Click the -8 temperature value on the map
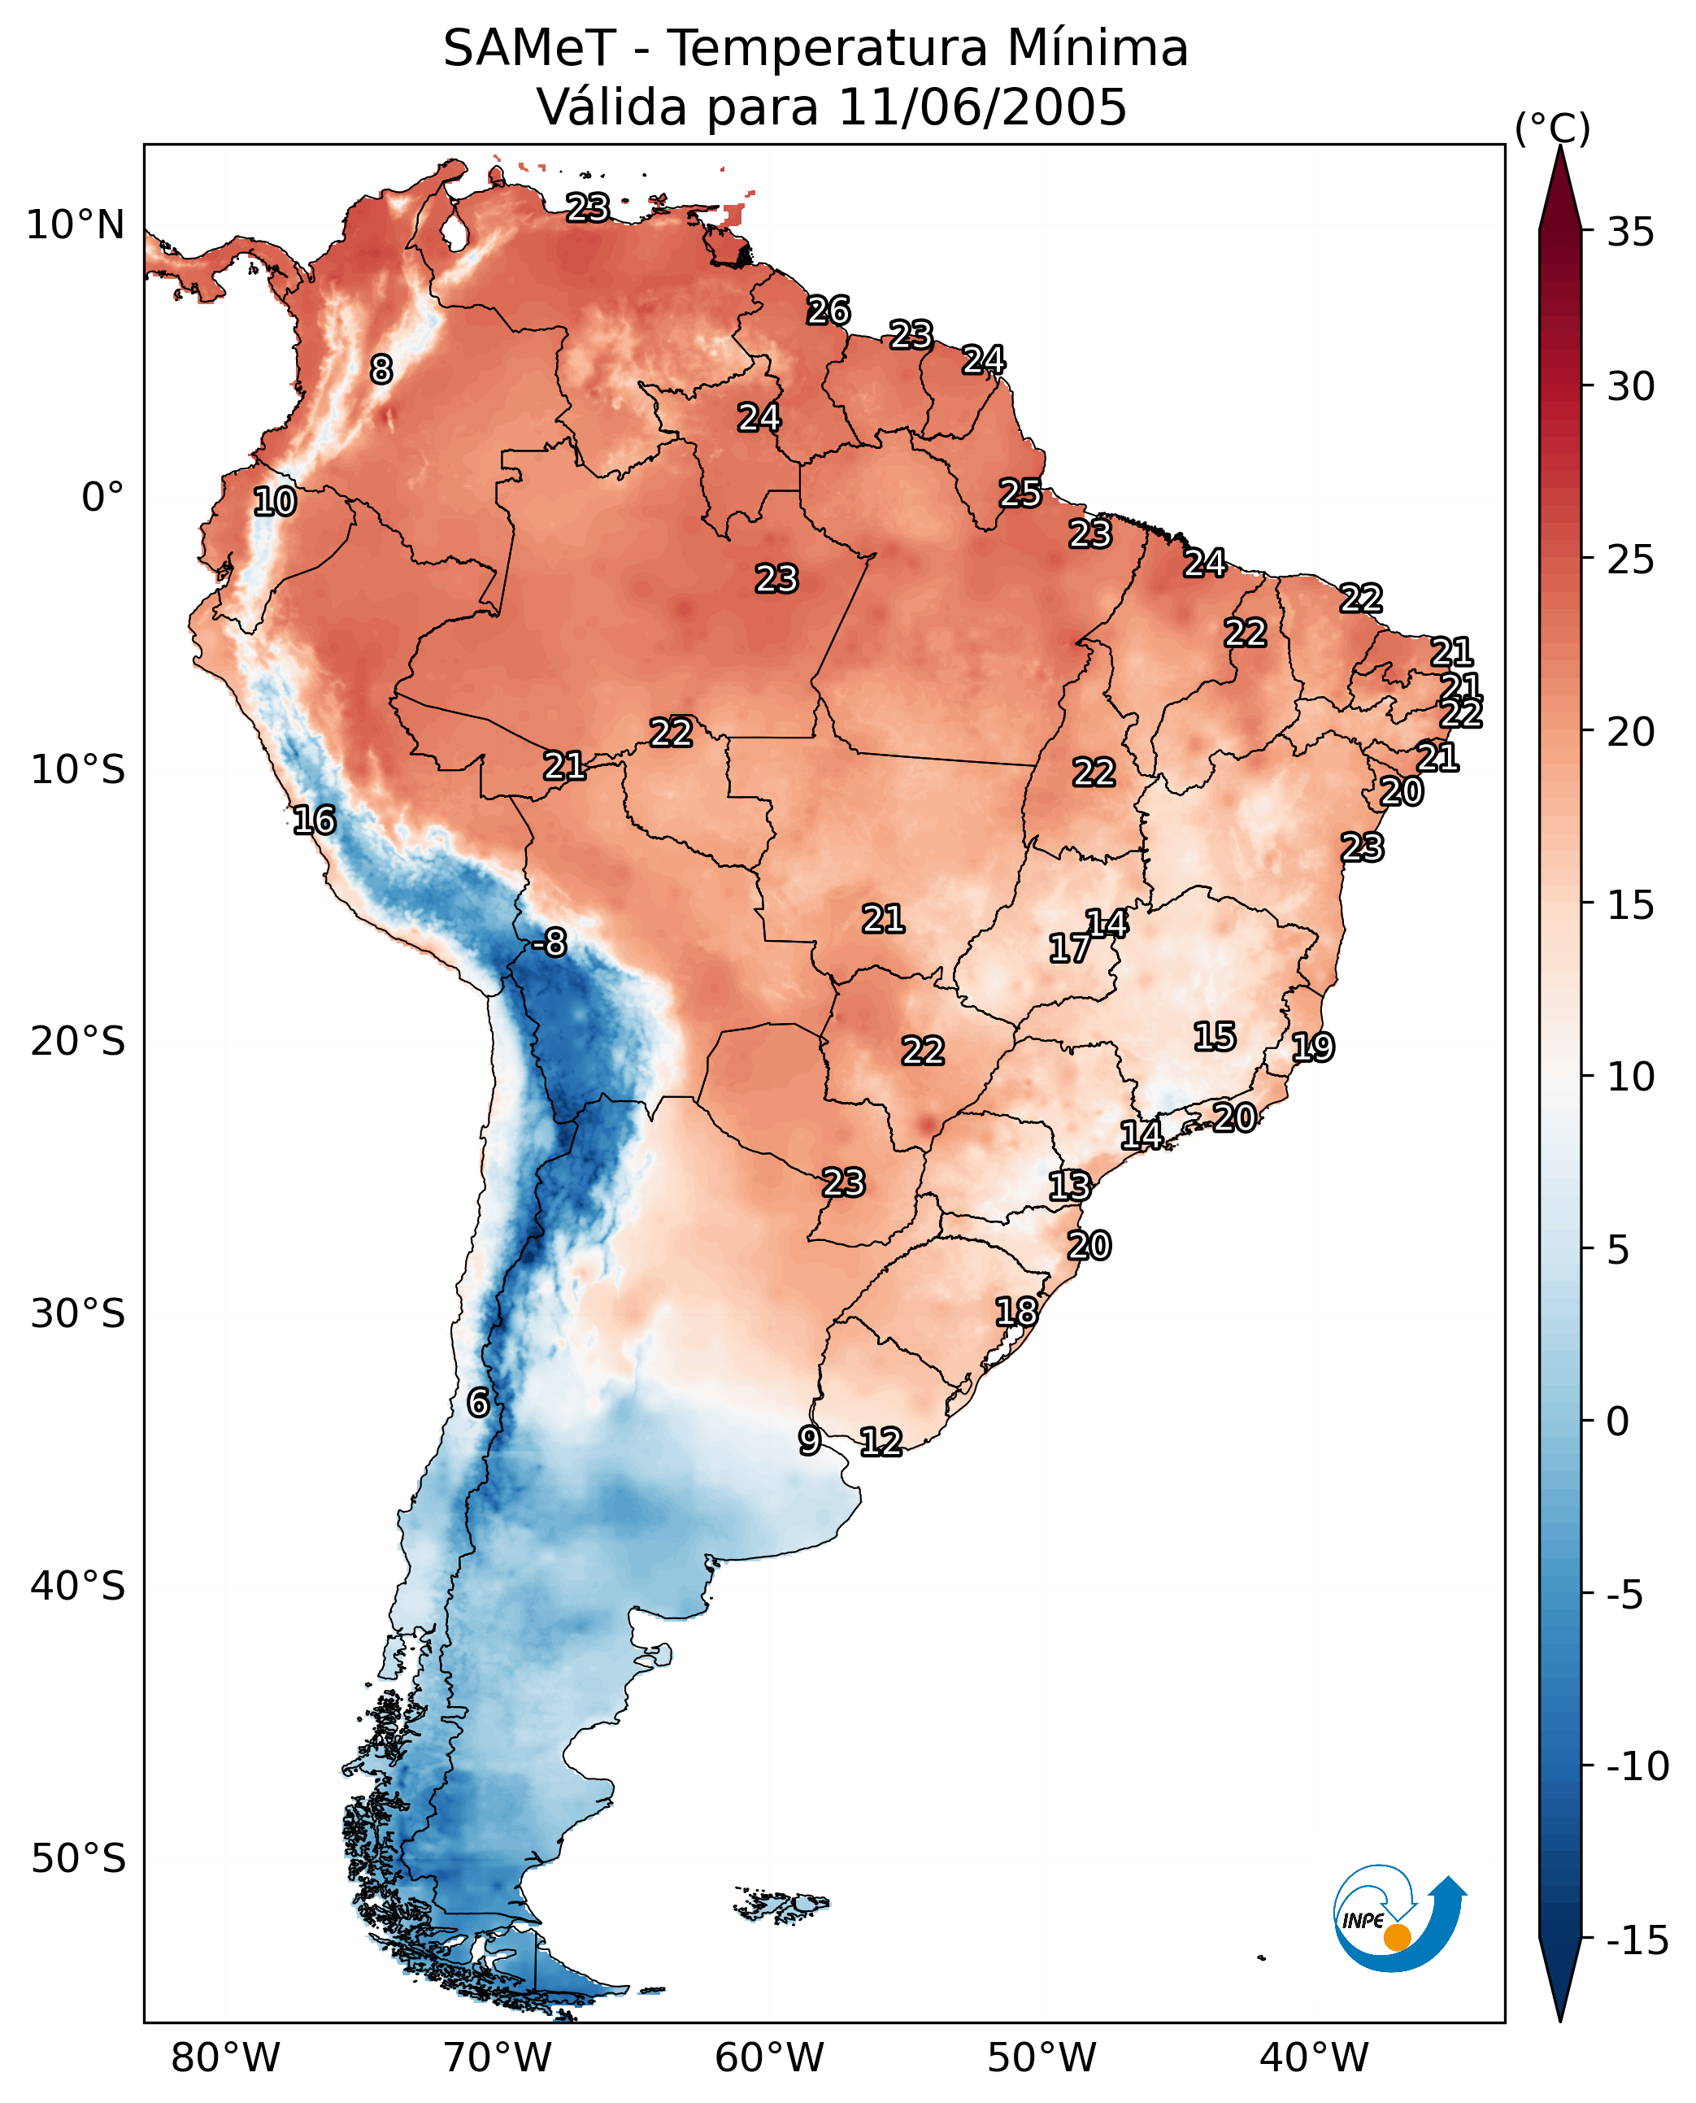(550, 943)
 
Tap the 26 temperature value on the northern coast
(828, 311)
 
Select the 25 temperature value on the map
(1020, 494)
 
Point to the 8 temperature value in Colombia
(381, 369)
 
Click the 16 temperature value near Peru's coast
(315, 820)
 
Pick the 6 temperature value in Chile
(478, 1404)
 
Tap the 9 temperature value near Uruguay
(809, 1440)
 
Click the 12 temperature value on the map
(881, 1443)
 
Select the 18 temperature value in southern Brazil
(1016, 1312)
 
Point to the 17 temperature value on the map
(1070, 948)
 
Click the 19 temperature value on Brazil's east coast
(1313, 1047)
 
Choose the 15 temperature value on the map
(1215, 1037)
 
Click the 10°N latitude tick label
(76, 226)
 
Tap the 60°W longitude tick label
(770, 2058)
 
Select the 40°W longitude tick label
(1314, 2058)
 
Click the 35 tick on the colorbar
(1630, 233)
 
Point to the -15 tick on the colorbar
(1637, 1941)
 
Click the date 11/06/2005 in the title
(982, 107)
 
